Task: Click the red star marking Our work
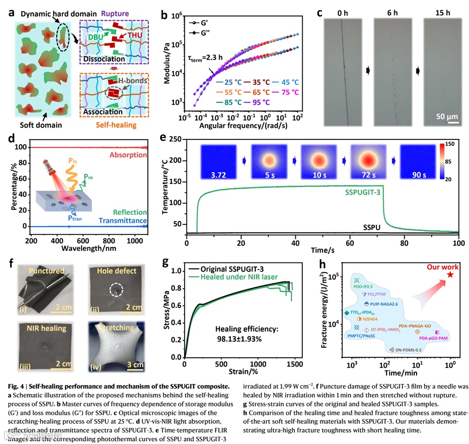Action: (x=450, y=274)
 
